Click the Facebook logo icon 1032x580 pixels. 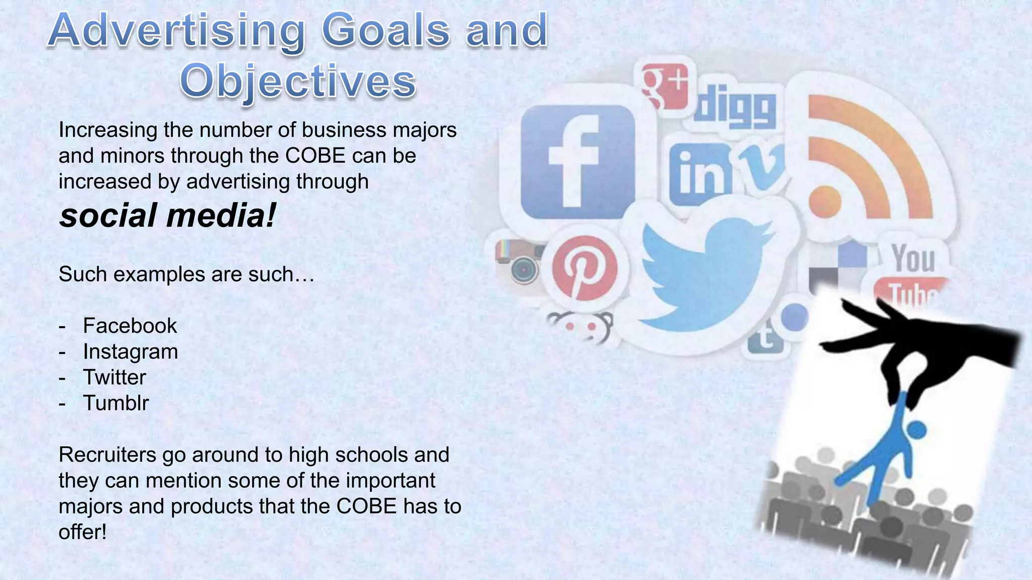click(x=577, y=162)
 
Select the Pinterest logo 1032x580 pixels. click(x=585, y=267)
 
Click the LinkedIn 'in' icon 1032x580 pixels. click(x=700, y=174)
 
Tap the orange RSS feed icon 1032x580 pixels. click(x=867, y=161)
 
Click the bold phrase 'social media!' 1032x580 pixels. click(x=168, y=215)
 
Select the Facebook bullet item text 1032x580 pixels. click(x=130, y=326)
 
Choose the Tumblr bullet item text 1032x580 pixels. click(x=116, y=403)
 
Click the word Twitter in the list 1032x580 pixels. click(x=114, y=377)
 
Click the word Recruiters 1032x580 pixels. click(x=107, y=455)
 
